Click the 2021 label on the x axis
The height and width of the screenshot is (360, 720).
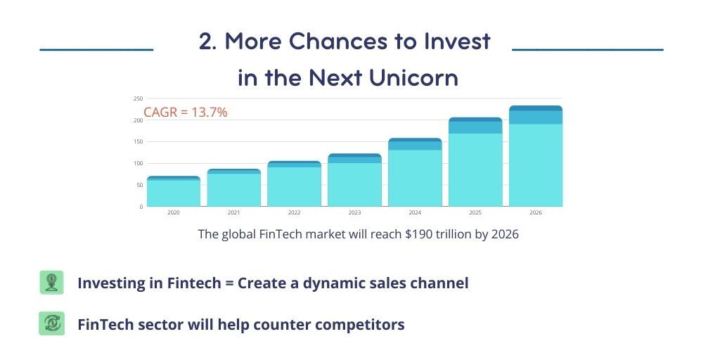[233, 212]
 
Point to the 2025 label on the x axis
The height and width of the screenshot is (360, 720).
[475, 212]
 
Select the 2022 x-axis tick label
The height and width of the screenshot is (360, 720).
[294, 212]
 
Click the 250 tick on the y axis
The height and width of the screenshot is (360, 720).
[138, 99]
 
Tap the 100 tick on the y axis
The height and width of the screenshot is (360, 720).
[138, 164]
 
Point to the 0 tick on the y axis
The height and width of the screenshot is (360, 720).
[140, 207]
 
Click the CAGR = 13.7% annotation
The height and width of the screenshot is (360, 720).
[186, 112]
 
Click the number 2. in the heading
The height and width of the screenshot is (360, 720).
[207, 41]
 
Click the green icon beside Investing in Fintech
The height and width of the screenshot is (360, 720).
[51, 283]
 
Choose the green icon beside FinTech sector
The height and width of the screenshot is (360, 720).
[51, 323]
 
